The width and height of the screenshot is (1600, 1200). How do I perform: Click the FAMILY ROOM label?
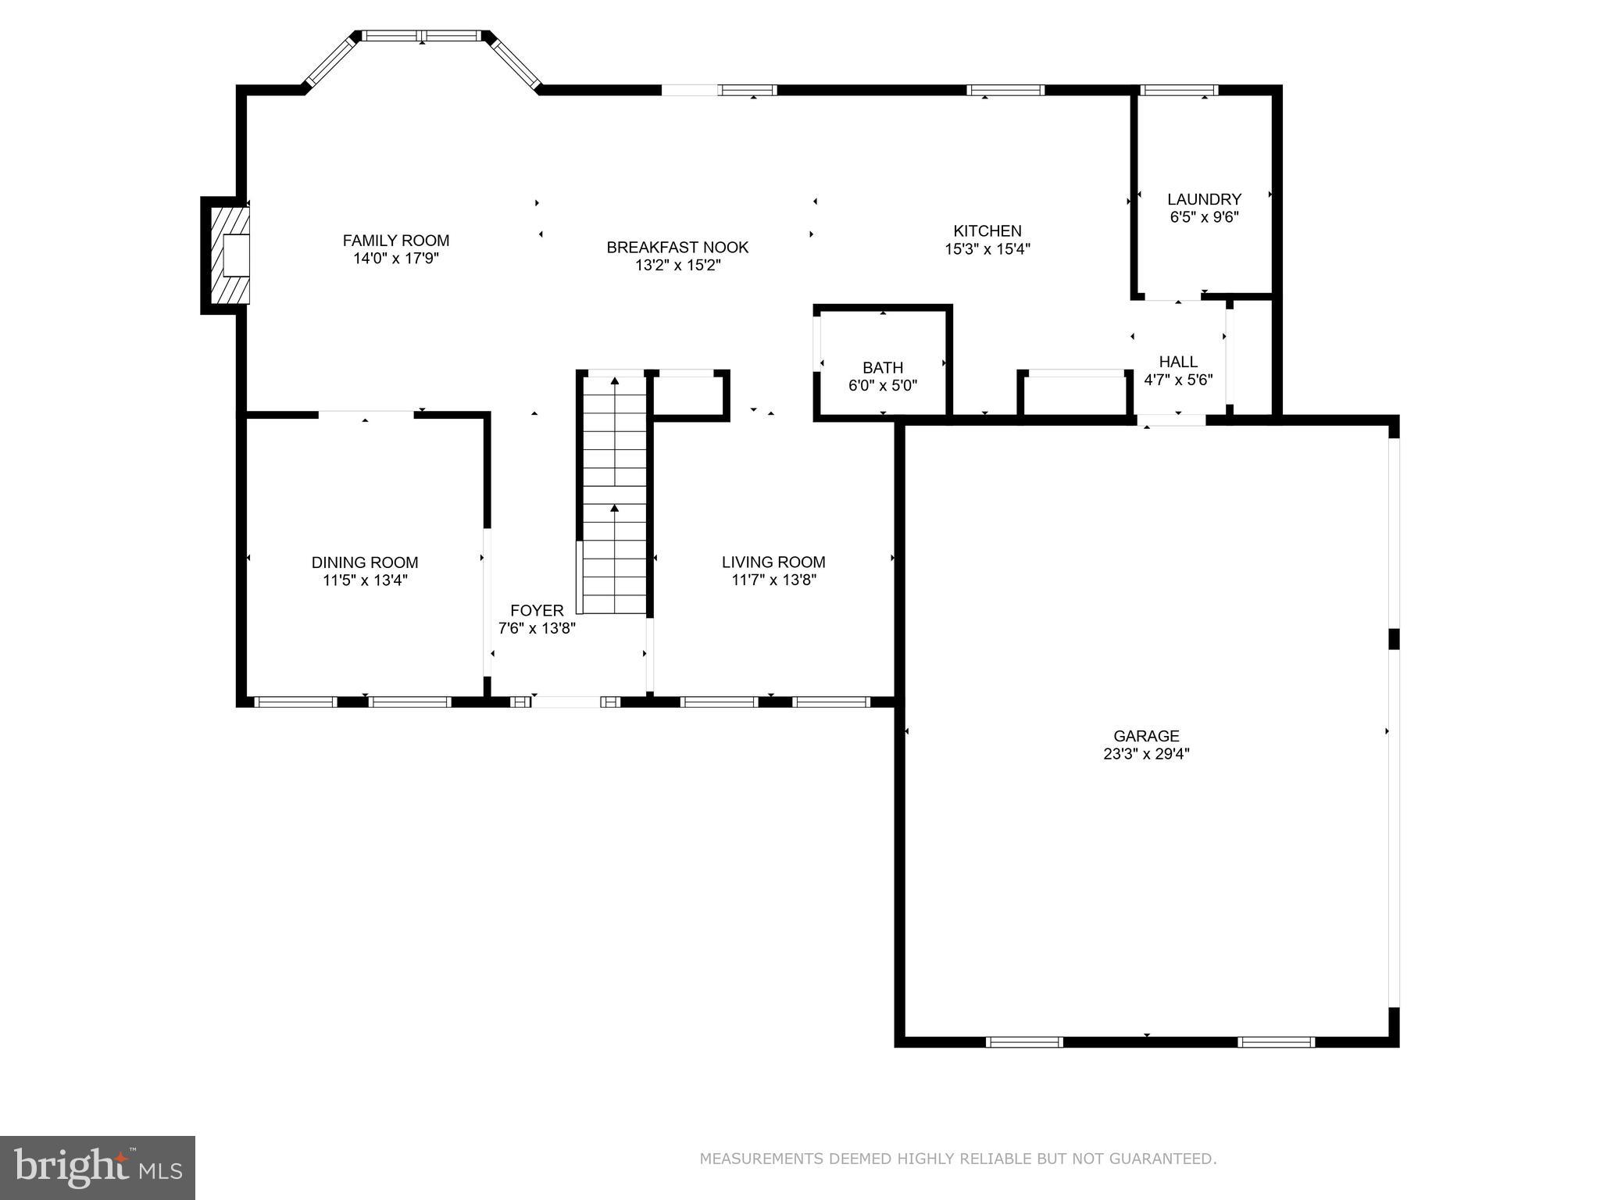click(x=396, y=241)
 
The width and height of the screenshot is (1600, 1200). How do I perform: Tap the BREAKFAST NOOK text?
click(x=677, y=248)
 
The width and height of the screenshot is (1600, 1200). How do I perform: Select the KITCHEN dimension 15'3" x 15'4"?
click(x=987, y=249)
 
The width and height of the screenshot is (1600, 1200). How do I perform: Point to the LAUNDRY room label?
click(x=1204, y=199)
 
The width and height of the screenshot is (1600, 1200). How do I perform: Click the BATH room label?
click(x=883, y=367)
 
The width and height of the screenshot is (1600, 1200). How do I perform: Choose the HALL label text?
click(x=1178, y=362)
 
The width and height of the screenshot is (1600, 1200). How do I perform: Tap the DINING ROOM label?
click(x=365, y=562)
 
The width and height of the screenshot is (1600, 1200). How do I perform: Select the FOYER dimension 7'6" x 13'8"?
click(x=537, y=628)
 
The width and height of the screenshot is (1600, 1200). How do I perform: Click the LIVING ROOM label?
click(x=773, y=562)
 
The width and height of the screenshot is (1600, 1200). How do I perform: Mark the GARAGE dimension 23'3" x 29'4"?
click(x=1146, y=754)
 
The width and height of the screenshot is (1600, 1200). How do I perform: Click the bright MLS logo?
click(x=98, y=1167)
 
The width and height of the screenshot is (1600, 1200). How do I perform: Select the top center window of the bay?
click(x=422, y=36)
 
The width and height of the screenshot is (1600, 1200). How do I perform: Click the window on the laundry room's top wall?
click(x=1179, y=91)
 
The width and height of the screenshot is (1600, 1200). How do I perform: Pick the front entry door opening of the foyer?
click(x=566, y=702)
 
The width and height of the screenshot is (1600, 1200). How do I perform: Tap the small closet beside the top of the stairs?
click(x=687, y=396)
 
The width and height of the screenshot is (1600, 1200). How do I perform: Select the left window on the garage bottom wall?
click(x=1024, y=1041)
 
